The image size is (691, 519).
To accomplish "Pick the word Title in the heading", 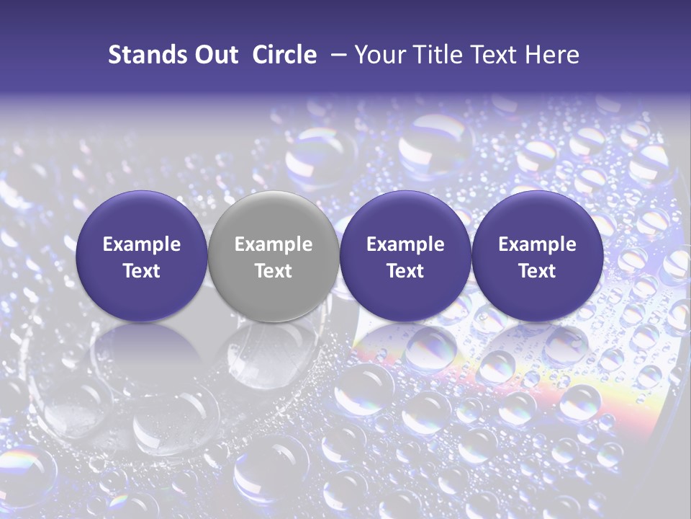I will (x=438, y=55).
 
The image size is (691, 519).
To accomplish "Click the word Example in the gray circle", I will (x=274, y=244).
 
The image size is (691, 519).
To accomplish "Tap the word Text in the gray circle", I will (x=274, y=271).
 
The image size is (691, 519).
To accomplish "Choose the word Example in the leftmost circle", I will (x=142, y=244).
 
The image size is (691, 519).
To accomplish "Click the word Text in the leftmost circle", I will (x=142, y=271).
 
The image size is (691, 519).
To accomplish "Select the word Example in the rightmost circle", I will (x=537, y=244).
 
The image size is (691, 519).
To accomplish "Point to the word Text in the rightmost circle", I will (x=537, y=271).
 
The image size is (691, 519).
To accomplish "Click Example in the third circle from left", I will (x=405, y=244).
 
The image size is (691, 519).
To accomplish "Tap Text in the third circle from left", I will (x=405, y=271).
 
